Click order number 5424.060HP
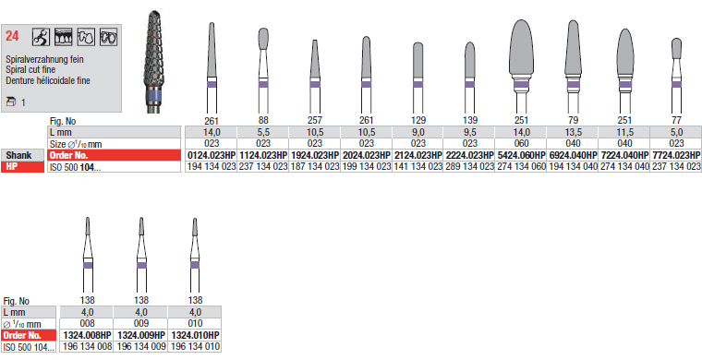pyautogui.click(x=522, y=155)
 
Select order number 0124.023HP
pyautogui.click(x=212, y=155)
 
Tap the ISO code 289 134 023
pyautogui.click(x=469, y=167)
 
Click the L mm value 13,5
pyautogui.click(x=573, y=132)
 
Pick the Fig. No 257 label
pyautogui.click(x=315, y=120)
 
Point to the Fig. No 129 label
pyautogui.click(x=418, y=120)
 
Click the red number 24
pyautogui.click(x=12, y=36)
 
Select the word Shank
pyautogui.click(x=18, y=155)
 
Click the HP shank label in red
pyautogui.click(x=11, y=167)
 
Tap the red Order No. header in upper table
pyautogui.click(x=69, y=156)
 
